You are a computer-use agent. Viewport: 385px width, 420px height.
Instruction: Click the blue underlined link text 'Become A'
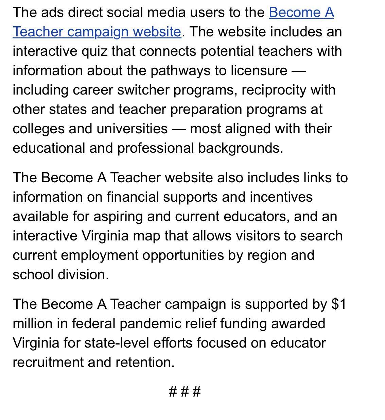click(301, 12)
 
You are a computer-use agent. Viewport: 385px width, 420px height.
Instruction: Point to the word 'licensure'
click(259, 70)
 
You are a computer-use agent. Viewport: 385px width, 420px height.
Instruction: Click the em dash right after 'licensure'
click(299, 70)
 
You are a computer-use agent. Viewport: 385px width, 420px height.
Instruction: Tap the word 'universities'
click(132, 129)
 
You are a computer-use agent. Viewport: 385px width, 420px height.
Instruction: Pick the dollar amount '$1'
click(339, 304)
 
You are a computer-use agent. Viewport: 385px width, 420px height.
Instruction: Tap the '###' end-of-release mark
click(185, 391)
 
